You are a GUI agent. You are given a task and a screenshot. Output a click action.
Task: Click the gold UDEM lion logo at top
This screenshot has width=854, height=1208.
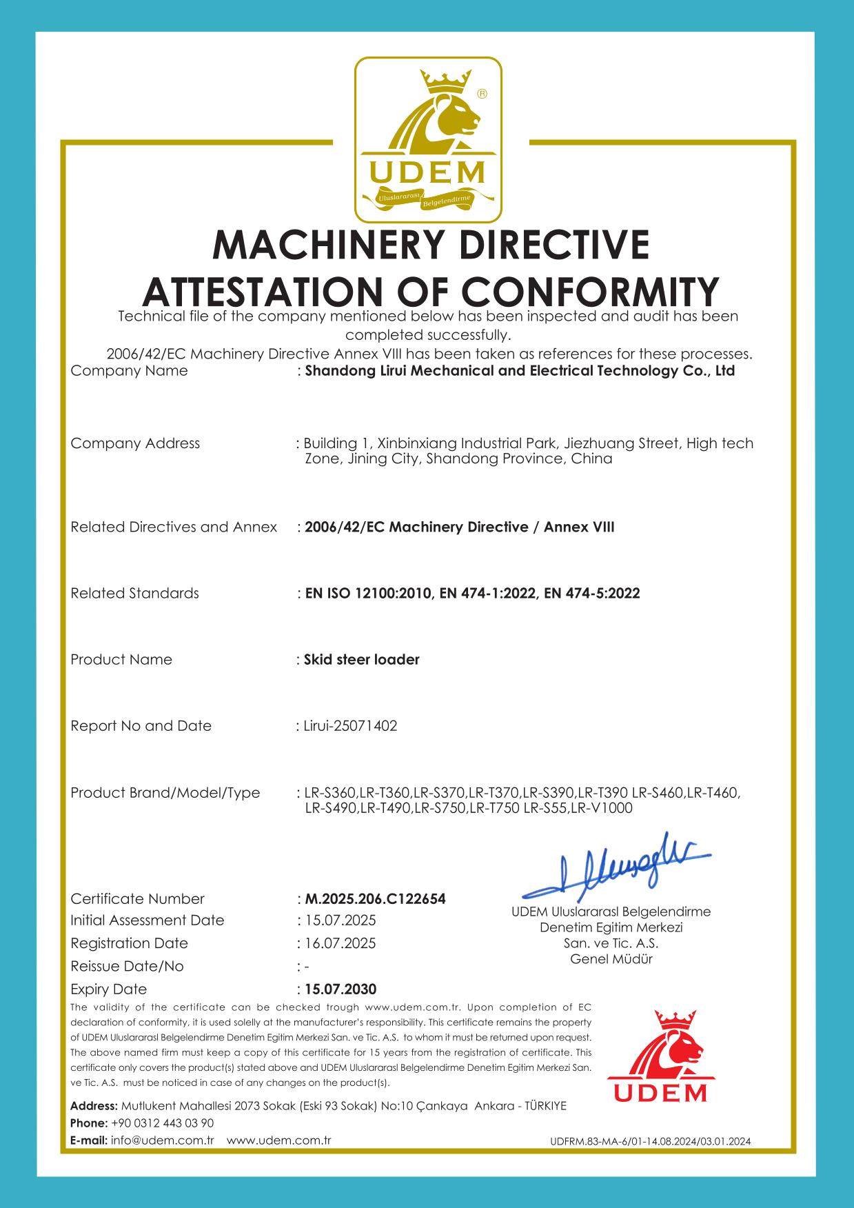[428, 140]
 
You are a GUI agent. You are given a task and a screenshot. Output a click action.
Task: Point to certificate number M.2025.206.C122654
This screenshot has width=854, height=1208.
[375, 899]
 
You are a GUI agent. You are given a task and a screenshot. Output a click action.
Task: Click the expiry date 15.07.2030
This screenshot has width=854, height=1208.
[340, 989]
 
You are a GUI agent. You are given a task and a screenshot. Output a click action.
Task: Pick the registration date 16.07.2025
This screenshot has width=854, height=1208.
[340, 943]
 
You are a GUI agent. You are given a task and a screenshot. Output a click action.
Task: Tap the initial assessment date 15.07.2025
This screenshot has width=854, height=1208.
[340, 920]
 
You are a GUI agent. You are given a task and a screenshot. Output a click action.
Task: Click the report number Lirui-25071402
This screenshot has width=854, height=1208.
[350, 726]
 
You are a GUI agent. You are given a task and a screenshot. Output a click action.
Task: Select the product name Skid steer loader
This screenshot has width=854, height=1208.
[361, 660]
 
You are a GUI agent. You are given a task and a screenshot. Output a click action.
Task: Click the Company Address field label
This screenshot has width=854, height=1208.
[135, 443]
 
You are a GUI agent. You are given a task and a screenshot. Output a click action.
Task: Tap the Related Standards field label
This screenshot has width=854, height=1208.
[134, 593]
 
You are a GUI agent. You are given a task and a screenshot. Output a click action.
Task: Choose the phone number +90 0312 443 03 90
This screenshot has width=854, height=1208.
[162, 1123]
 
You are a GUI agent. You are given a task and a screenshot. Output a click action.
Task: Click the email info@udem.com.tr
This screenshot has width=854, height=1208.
[162, 1140]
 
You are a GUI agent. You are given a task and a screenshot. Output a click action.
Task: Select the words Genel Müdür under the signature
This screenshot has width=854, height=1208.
[611, 959]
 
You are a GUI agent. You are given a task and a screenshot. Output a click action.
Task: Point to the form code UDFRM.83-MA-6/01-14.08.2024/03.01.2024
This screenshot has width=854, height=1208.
[651, 1141]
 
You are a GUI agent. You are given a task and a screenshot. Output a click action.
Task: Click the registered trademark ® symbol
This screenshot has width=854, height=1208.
[482, 94]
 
